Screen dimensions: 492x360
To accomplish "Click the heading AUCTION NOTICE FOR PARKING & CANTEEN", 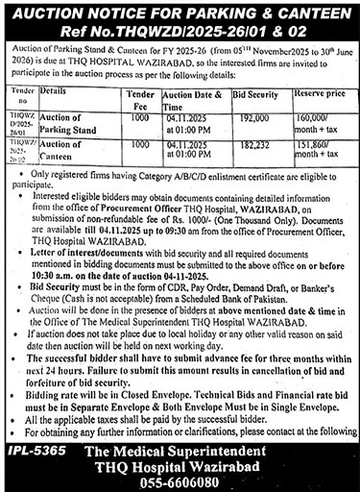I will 180,12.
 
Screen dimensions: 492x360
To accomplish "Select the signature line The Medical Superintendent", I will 202,452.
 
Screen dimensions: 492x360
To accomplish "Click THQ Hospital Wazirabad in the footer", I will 202,466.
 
